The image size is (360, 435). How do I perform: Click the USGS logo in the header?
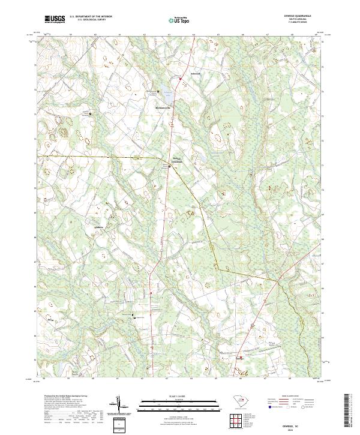(55, 19)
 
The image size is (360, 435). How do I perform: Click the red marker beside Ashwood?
(182, 77)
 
